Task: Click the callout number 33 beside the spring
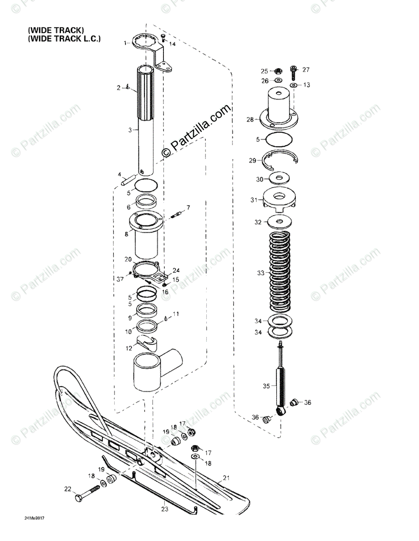[x=260, y=273]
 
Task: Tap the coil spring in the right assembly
[x=281, y=273]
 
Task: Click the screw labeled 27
[x=294, y=72]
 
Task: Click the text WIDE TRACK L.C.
[x=64, y=39]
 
